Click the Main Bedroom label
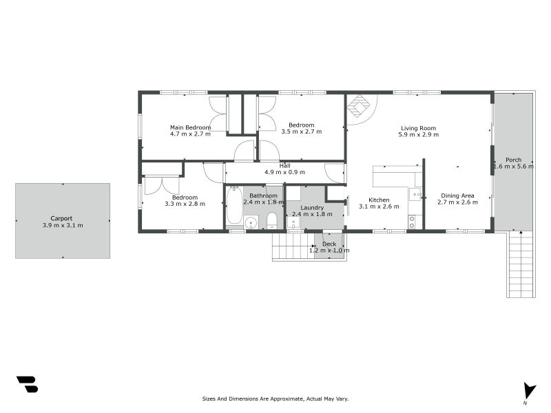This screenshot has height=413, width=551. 191,127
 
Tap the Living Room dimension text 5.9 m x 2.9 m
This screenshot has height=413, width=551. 419,134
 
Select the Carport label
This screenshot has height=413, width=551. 61,218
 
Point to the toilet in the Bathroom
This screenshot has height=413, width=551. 271,220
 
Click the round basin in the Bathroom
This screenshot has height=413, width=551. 251,222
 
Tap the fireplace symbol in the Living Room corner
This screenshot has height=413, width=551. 359,106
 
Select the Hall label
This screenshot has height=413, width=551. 285,166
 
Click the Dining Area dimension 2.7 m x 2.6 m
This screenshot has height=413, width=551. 457,202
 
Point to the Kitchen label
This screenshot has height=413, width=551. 379,200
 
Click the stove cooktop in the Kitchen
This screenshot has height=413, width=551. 412,222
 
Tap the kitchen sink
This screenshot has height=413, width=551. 415,194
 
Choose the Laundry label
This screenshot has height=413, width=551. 312,208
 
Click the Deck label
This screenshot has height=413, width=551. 329,244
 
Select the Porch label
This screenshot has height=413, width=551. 513,160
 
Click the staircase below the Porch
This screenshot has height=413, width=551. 521,264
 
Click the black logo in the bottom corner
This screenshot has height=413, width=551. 28,384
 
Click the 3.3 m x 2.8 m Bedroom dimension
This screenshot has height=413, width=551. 185,204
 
